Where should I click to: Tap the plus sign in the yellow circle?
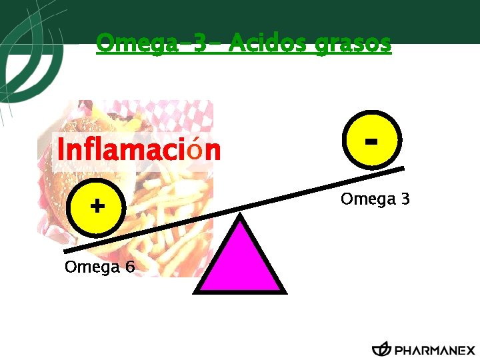(97, 205)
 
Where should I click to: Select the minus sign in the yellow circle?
(372, 141)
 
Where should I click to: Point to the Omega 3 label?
(375, 199)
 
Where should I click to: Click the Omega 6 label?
(99, 267)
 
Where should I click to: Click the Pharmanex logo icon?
(381, 349)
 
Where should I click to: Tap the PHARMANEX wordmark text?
(435, 350)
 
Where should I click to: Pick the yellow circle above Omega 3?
(372, 141)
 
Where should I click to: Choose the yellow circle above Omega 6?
(97, 207)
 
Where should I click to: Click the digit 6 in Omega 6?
(129, 267)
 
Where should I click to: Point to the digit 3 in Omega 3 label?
(404, 199)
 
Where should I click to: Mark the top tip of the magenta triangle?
(240, 215)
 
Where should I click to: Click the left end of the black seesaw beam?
(67, 251)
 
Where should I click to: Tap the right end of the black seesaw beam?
(402, 169)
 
